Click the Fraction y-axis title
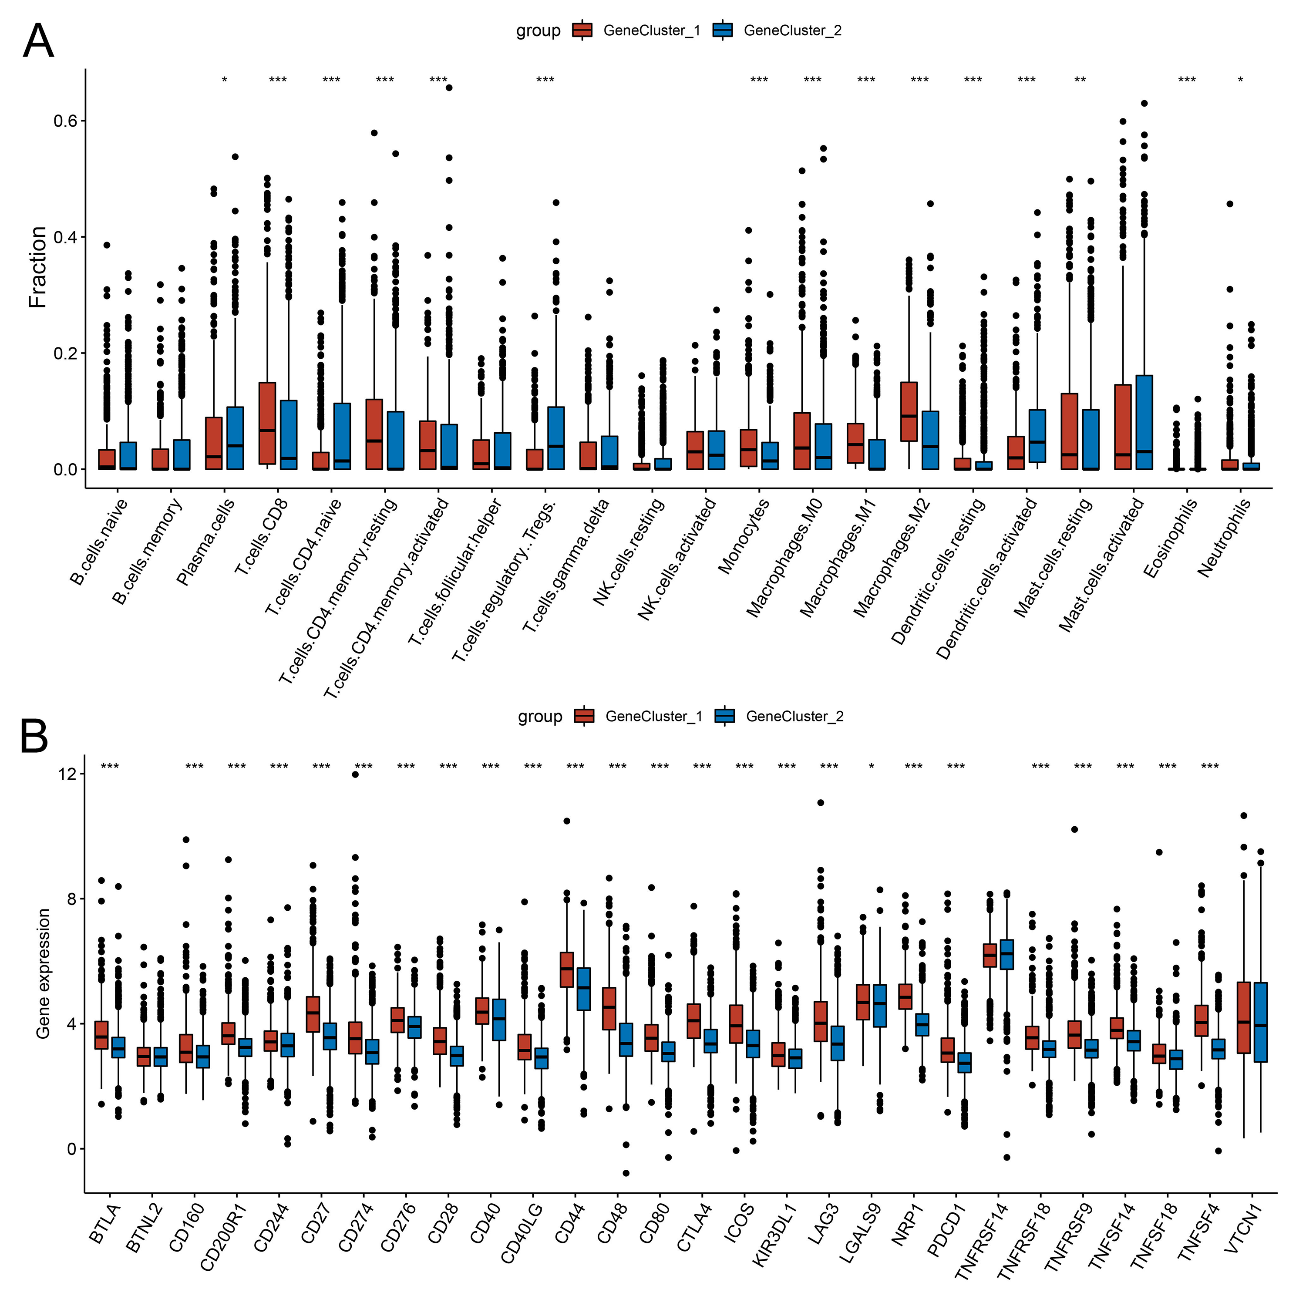pos(38,268)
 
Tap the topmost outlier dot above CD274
pos(355,775)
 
